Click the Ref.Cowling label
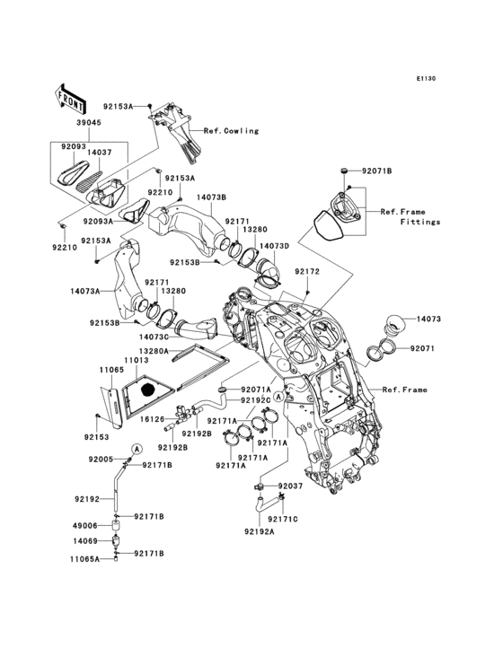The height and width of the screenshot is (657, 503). click(x=231, y=131)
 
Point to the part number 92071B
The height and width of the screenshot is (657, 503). click(x=377, y=170)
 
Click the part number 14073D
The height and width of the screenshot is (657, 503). click(x=274, y=245)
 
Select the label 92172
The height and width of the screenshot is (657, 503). click(x=305, y=270)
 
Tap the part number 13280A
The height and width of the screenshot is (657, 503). click(x=154, y=352)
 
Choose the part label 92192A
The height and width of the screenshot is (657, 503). click(x=258, y=531)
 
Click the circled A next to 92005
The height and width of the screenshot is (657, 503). click(x=137, y=447)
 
